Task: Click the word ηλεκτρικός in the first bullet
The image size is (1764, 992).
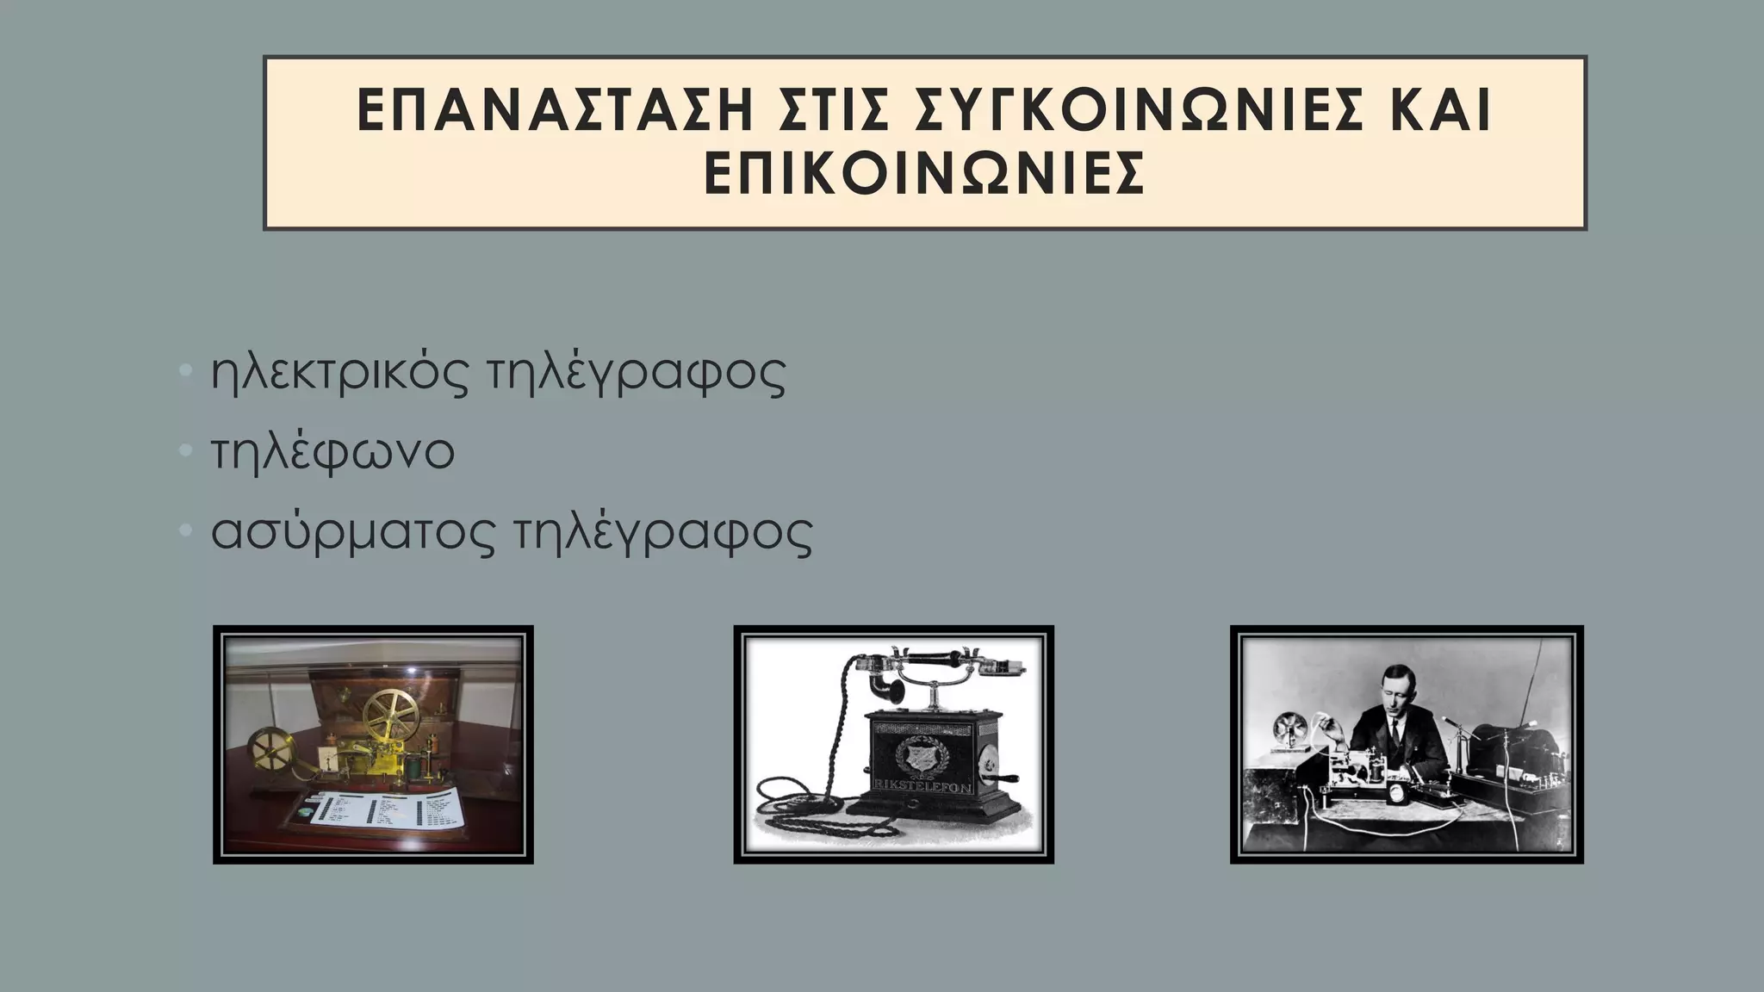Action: point(339,373)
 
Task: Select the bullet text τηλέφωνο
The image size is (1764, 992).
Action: point(332,452)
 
